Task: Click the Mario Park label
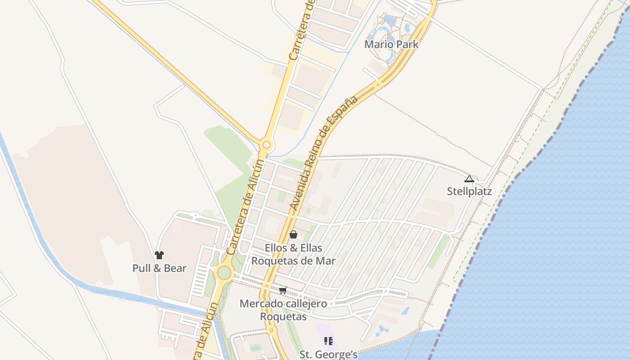[x=391, y=45]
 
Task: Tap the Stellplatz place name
[x=469, y=192]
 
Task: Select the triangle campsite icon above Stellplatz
[x=469, y=179]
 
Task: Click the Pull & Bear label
[x=159, y=268]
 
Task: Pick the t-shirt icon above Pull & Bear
[x=159, y=255]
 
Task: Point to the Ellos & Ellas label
[x=293, y=248]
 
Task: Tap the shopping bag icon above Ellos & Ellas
[x=293, y=234]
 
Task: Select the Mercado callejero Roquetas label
[x=283, y=310]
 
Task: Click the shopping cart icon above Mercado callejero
[x=283, y=290]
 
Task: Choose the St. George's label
[x=328, y=355]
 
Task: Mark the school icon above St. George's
[x=328, y=341]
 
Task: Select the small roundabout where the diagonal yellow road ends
[x=266, y=145]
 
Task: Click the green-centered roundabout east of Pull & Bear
[x=224, y=273]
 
